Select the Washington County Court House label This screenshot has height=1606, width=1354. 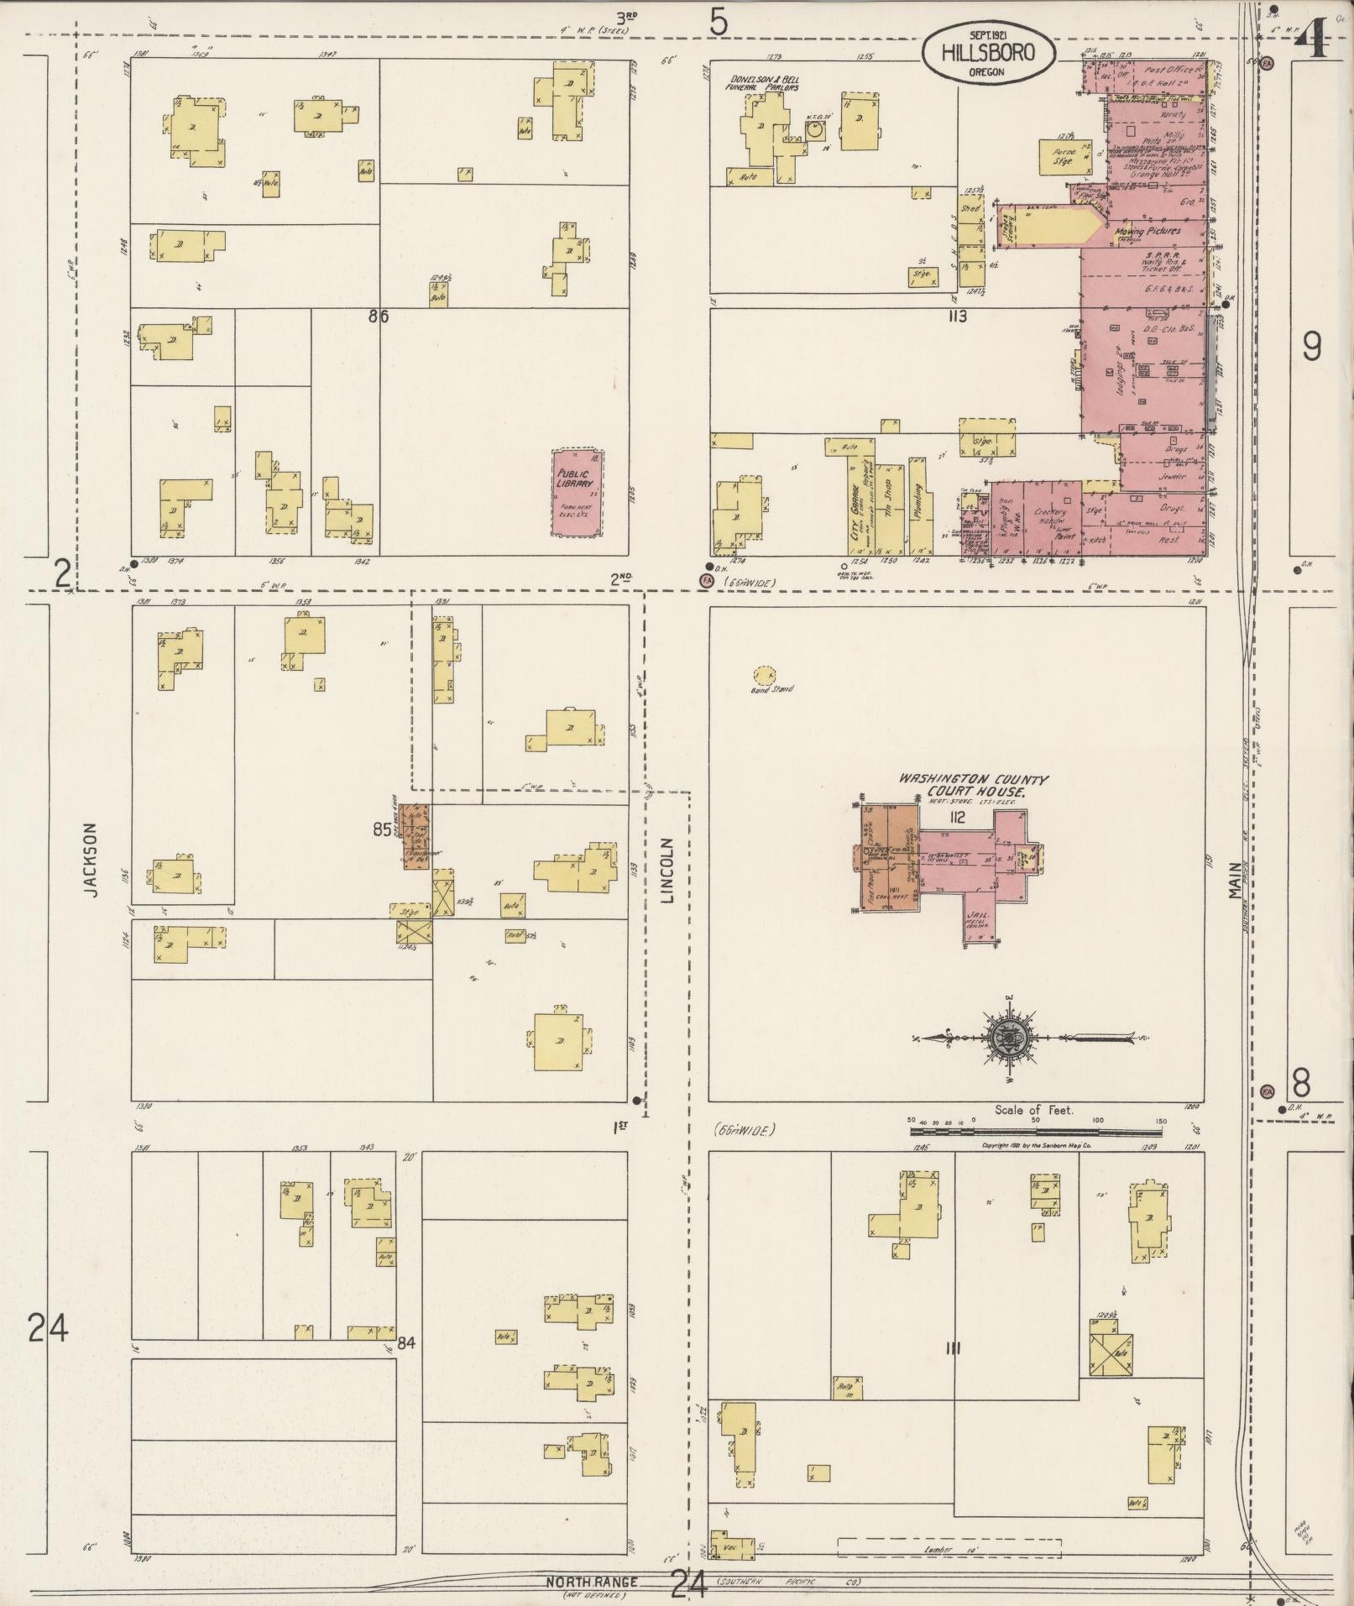point(962,784)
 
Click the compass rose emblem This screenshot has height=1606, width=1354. point(1004,1038)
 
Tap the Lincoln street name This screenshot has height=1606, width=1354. point(668,870)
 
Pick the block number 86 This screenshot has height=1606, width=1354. point(379,316)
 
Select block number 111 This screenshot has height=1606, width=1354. point(952,1349)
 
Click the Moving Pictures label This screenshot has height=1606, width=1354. point(1148,231)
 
